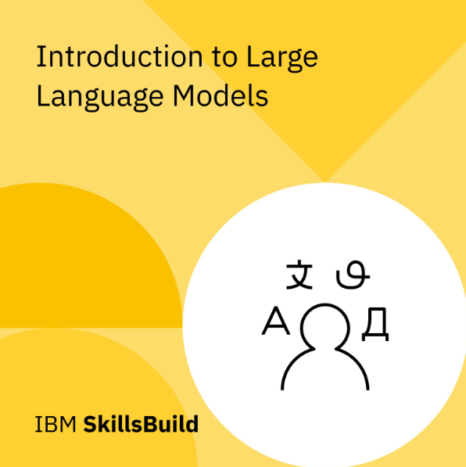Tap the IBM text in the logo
point(55,425)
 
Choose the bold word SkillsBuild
point(141,425)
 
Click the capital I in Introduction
point(40,57)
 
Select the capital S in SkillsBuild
point(89,425)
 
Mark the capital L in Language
point(42,95)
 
